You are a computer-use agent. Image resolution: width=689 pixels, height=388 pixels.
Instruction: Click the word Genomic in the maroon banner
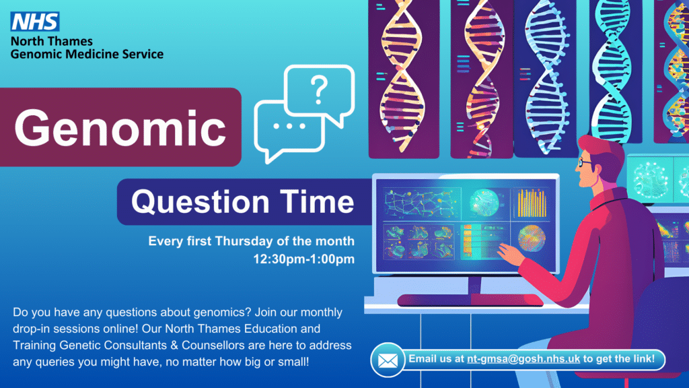coord(120,127)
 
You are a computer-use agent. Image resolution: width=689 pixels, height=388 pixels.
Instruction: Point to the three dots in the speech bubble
coord(290,126)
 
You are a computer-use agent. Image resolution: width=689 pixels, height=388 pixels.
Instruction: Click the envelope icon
coord(387,360)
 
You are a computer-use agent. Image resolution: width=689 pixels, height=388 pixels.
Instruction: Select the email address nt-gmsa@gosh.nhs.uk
coord(524,359)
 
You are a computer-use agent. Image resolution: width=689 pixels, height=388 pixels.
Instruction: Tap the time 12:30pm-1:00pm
coord(303,258)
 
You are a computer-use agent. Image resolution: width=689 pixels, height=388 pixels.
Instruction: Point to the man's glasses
coord(586,162)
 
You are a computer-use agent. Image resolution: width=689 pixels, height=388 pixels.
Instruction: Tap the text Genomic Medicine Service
coord(87,54)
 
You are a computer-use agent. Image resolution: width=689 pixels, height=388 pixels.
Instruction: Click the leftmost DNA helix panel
coord(402,74)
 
